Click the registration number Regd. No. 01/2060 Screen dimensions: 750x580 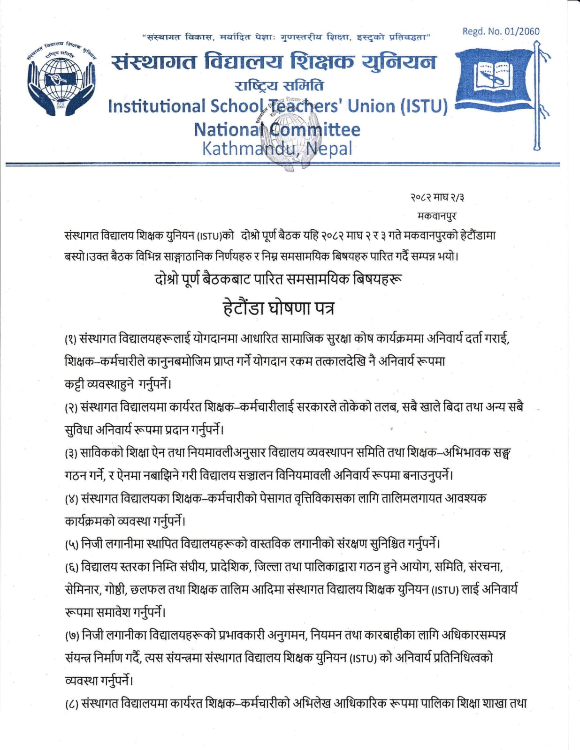(501, 31)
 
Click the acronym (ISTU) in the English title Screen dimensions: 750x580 (424, 106)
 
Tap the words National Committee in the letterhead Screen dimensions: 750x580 (277, 129)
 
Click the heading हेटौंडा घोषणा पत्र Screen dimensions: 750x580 (278, 308)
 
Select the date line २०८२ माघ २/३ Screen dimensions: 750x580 (437, 197)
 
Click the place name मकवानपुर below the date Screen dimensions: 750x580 (436, 216)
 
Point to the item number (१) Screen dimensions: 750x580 (71, 339)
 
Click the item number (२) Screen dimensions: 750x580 (71, 407)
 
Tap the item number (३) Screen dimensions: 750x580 (71, 453)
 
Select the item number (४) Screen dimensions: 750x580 (71, 499)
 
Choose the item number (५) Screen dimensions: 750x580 (71, 544)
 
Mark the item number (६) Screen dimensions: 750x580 (71, 567)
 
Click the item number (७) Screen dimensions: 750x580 (71, 636)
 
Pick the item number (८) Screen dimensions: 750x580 (71, 704)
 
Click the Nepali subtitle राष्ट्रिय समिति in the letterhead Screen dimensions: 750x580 (279, 86)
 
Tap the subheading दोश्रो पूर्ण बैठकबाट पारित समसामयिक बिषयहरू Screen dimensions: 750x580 (278, 279)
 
